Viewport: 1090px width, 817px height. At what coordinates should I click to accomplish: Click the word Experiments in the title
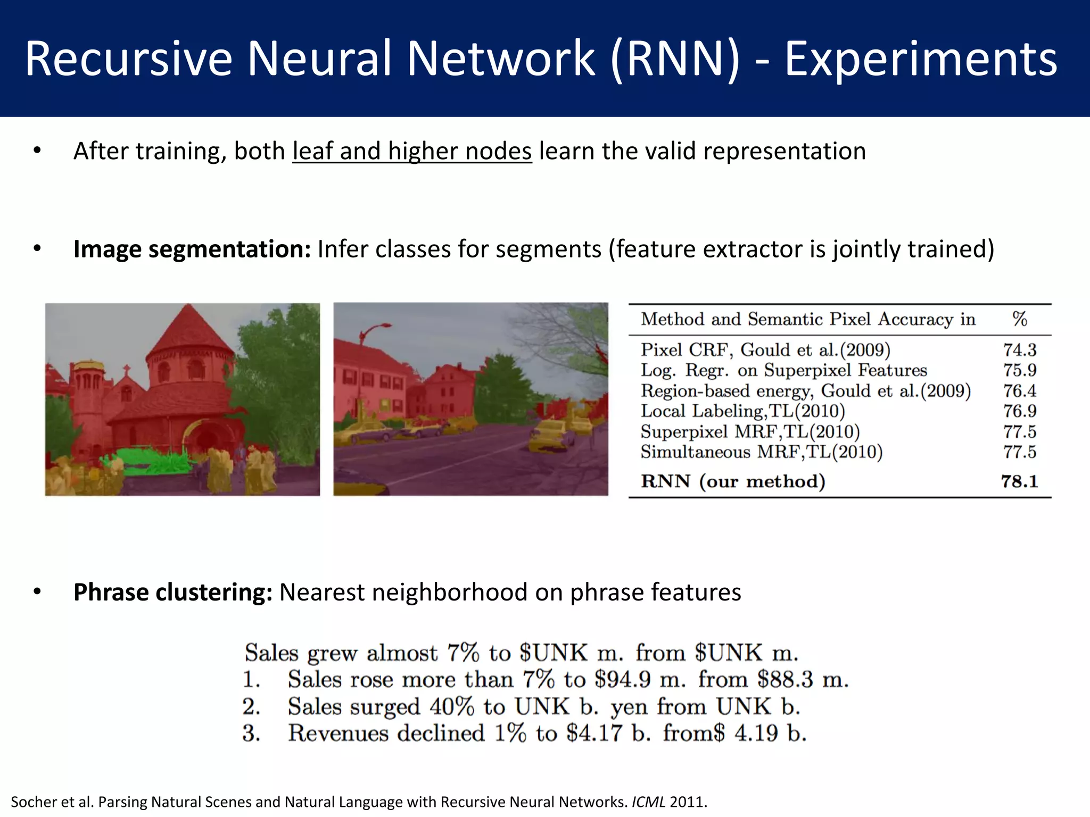tap(921, 60)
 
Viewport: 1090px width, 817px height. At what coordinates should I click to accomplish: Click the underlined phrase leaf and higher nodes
tap(412, 151)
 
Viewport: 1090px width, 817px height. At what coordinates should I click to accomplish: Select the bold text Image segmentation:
tap(192, 249)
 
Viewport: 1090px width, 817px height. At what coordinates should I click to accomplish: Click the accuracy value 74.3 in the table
tap(1020, 350)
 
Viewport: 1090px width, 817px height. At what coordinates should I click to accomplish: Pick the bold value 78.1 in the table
tap(1019, 481)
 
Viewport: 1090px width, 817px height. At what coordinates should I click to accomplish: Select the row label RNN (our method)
tap(733, 481)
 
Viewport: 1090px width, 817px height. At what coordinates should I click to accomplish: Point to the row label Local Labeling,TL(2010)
tap(742, 411)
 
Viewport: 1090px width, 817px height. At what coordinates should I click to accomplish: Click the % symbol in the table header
tap(1019, 319)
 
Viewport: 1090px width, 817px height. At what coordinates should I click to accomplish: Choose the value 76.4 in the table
tap(1020, 391)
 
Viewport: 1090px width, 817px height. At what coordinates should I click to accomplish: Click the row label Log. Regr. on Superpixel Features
tap(783, 370)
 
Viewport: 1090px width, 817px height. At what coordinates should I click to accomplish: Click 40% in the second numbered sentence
tap(451, 707)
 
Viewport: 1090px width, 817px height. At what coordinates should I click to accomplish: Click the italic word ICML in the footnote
tap(648, 802)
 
